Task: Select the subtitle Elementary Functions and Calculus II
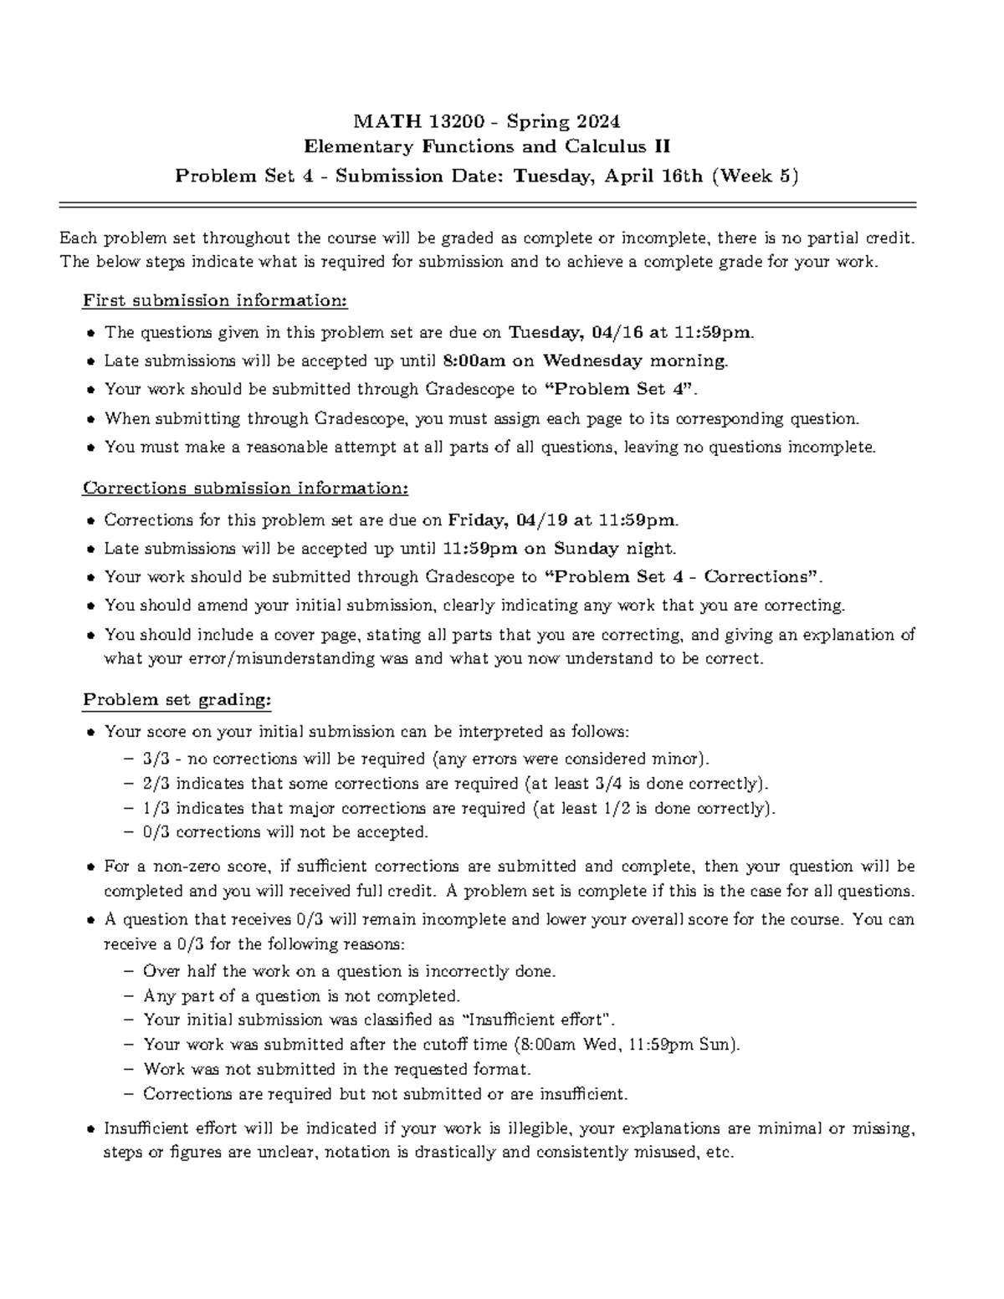coord(487,147)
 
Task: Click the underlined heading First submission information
coord(215,301)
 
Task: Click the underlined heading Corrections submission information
coord(245,488)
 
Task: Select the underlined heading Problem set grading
coord(177,699)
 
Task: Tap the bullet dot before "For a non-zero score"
coord(90,867)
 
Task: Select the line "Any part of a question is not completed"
coord(302,996)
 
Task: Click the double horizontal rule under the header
coord(487,204)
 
